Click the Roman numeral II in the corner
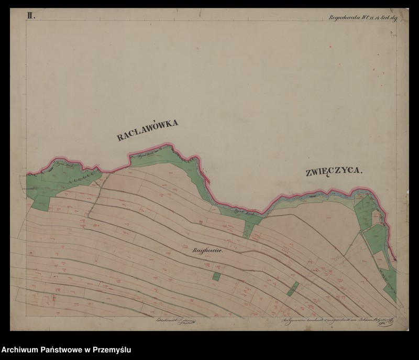click(x=31, y=16)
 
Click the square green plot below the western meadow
click(x=41, y=202)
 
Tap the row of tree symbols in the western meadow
click(x=79, y=174)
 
